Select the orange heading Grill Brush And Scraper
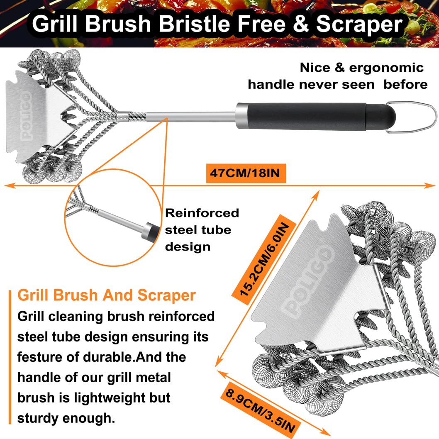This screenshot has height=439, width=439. pyautogui.click(x=106, y=295)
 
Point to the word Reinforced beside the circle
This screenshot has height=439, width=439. pyautogui.click(x=202, y=213)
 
